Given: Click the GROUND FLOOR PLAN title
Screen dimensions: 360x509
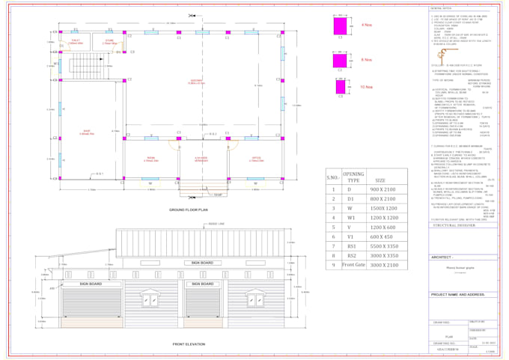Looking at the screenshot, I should point(188,210).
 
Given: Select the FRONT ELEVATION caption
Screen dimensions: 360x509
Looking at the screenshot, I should point(189,344).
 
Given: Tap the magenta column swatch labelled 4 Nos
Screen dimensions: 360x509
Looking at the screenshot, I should point(341,28).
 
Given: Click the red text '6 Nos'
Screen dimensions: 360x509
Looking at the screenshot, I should point(367,60).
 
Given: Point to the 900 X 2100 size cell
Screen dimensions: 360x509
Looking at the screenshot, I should point(385,190).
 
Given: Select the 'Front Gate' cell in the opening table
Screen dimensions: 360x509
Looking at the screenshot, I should point(353,265).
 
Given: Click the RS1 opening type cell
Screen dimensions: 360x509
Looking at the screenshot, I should point(353,245).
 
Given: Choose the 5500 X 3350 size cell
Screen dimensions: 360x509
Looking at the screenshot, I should point(385,245).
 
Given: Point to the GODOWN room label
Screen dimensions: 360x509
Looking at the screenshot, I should point(196,82).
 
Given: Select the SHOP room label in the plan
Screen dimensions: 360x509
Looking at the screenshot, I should point(85,133).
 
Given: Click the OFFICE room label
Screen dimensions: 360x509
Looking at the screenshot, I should point(257,159).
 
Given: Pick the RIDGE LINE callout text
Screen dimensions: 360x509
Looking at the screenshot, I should point(217,224).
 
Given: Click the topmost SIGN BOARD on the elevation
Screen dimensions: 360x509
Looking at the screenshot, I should point(202,263).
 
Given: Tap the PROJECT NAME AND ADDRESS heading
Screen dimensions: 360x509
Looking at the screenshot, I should point(458,294).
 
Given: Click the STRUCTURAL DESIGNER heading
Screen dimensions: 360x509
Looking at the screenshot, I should point(455,225).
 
